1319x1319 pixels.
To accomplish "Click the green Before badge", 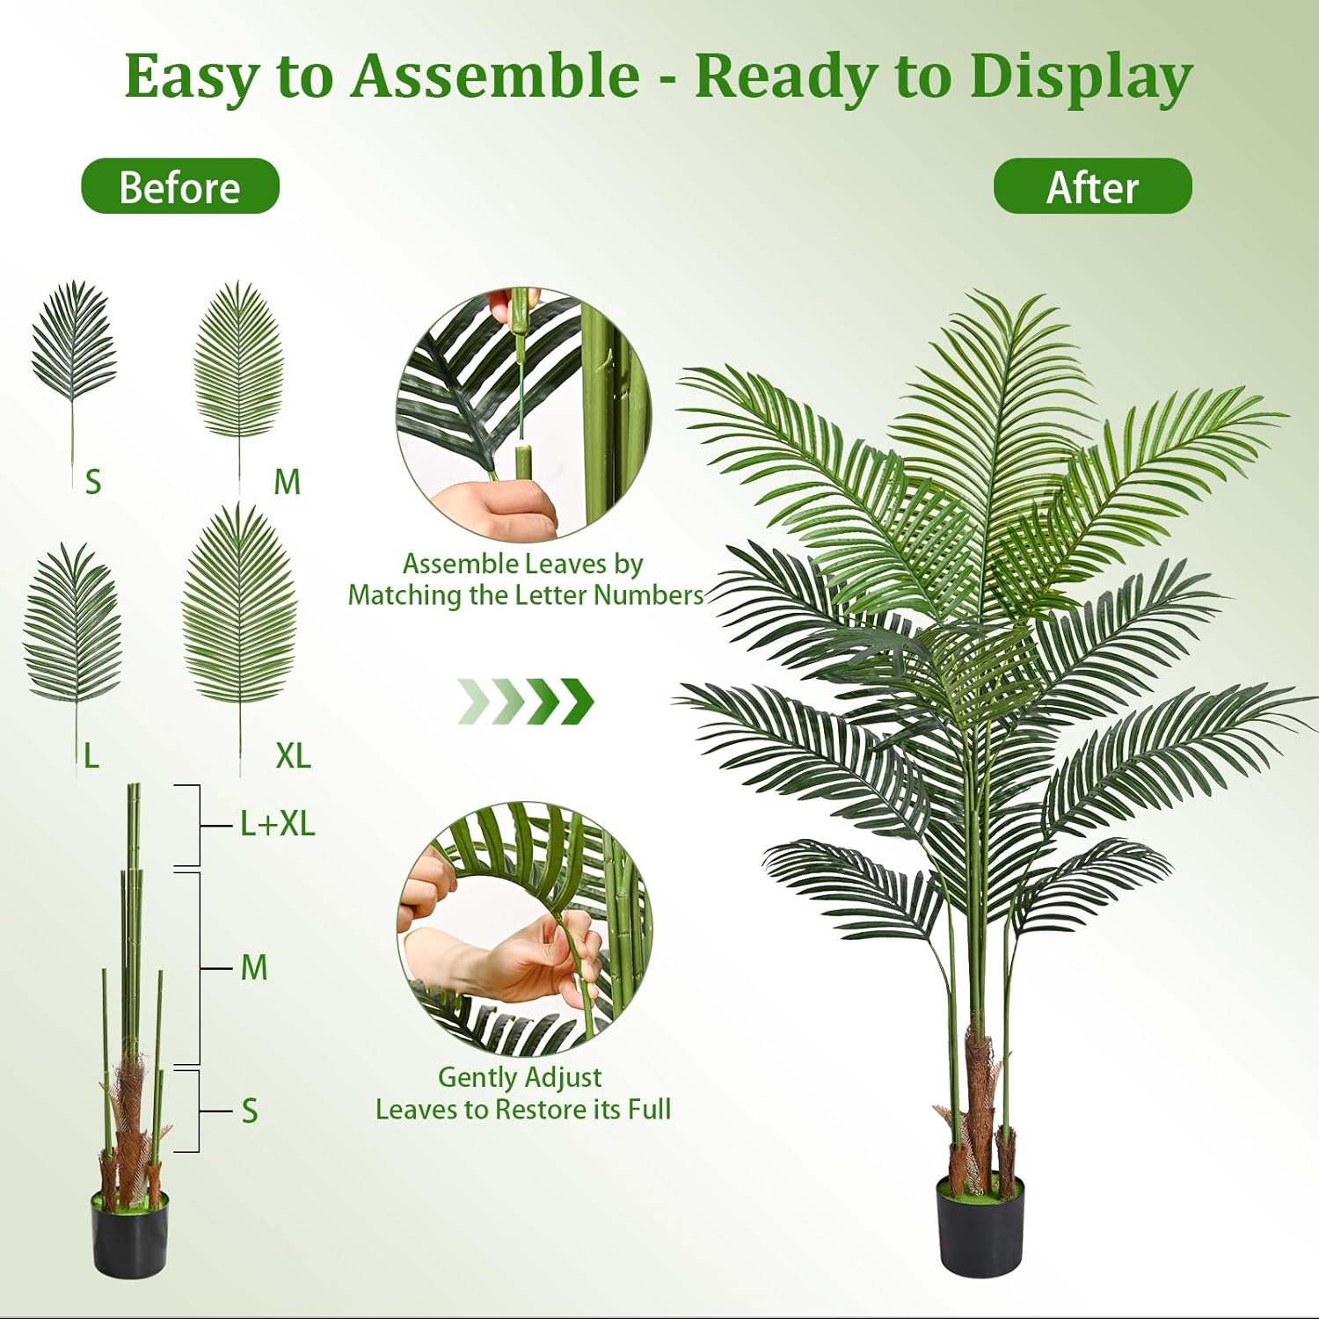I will coord(179,186).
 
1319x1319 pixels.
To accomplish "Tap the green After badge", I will coord(1092,186).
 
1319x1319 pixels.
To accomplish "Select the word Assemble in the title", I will coord(495,77).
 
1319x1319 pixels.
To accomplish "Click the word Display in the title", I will coord(1081,77).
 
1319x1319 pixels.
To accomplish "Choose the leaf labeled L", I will coord(73,624).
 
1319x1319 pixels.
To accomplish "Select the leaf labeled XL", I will coord(239,607).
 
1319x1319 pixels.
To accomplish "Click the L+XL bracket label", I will coord(277,824).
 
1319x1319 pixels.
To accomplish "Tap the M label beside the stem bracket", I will coord(254,968).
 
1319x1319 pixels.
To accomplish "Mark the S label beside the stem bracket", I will coord(250,1111).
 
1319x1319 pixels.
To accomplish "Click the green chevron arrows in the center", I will coord(526,701).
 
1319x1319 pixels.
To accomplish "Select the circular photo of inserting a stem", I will coord(524,413).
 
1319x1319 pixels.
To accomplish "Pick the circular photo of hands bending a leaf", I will coord(524,928).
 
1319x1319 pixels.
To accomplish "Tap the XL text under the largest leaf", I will coord(293,755).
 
